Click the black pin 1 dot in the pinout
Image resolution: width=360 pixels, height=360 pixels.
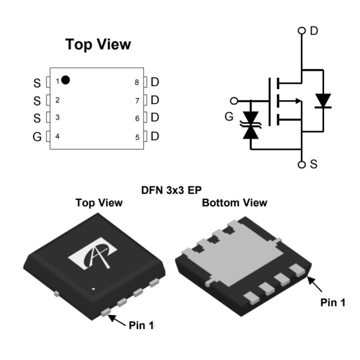tap(66, 80)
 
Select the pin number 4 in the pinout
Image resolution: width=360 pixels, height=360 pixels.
tap(57, 136)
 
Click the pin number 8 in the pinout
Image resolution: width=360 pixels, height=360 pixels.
tap(136, 82)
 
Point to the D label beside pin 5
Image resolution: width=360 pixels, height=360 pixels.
tap(155, 136)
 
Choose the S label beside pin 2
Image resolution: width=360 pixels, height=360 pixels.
tap(37, 100)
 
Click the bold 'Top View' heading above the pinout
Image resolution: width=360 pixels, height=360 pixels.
tap(98, 45)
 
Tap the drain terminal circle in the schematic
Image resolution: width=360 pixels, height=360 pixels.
tap(301, 31)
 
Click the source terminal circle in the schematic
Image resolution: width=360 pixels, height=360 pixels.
tap(301, 164)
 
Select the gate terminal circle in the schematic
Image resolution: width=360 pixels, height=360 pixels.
tap(233, 101)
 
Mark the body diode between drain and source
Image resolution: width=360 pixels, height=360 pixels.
tap(323, 101)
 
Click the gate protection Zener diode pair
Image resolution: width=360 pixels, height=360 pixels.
tap(251, 125)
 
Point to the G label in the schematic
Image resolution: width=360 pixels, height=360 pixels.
tap(229, 117)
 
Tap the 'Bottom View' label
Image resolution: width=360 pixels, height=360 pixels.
tap(234, 203)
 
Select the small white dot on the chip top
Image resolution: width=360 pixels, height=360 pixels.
tap(94, 289)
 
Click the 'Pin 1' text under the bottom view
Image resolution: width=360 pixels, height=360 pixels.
tap(333, 302)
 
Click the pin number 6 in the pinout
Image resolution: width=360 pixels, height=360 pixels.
tap(137, 119)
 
